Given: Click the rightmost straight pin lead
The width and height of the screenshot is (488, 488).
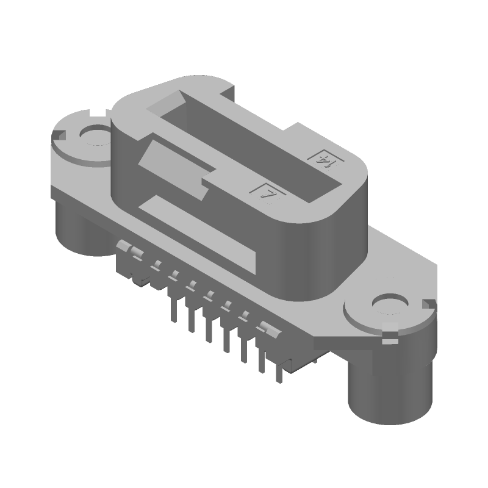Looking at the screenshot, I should (x=282, y=369).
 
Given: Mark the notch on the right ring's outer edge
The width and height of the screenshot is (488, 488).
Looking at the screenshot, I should (x=432, y=303).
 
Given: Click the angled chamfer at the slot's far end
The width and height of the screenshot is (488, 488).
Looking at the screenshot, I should (x=181, y=98).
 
